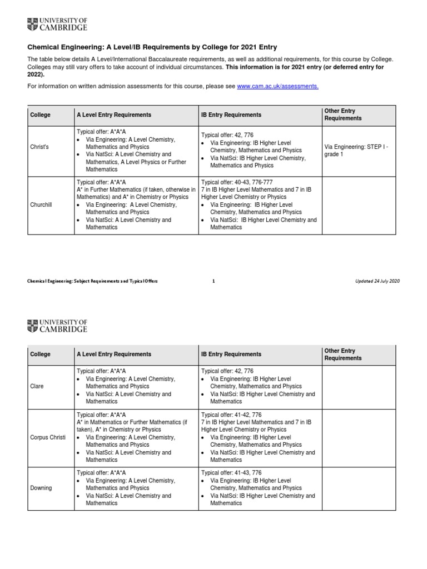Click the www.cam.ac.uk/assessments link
(277, 87)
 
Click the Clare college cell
(37, 386)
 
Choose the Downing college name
(41, 488)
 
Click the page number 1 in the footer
(213, 281)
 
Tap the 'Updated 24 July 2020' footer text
(378, 281)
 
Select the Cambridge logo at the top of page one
(57, 24)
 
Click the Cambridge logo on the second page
(57, 326)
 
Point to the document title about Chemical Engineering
(152, 47)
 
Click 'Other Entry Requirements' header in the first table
(342, 115)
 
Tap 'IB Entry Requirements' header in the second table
(231, 354)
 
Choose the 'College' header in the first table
(40, 115)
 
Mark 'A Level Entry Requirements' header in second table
(113, 354)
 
